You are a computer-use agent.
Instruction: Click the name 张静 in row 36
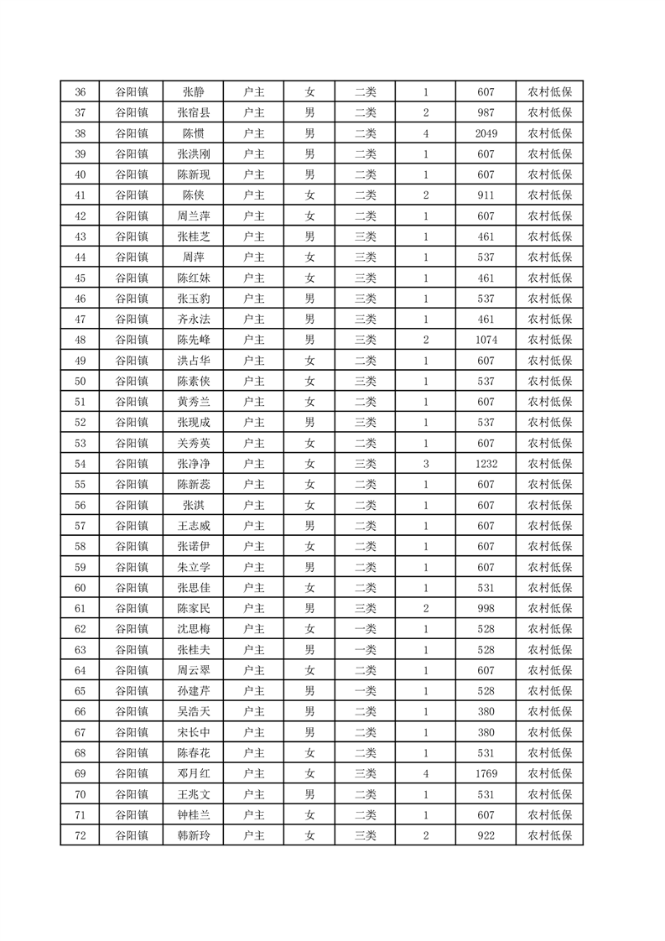(x=194, y=92)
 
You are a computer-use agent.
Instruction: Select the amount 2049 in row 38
(x=486, y=133)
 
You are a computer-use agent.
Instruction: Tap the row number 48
(x=81, y=340)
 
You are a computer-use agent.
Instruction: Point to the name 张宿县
(x=194, y=113)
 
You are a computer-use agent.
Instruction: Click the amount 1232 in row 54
(x=486, y=464)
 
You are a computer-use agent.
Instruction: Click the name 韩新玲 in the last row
(x=194, y=835)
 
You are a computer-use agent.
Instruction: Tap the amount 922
(x=486, y=835)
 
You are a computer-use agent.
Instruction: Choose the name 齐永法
(x=194, y=320)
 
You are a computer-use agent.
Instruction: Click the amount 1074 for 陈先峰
(x=486, y=340)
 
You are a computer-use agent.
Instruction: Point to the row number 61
(x=81, y=608)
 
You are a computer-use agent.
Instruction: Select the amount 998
(x=486, y=608)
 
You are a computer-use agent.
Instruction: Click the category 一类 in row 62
(x=365, y=629)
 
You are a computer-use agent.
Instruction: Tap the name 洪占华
(x=194, y=361)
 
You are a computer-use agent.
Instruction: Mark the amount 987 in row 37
(x=486, y=113)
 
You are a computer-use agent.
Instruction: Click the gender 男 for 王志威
(x=309, y=526)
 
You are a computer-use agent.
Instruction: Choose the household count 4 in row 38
(x=426, y=133)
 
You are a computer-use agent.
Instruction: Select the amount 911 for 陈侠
(x=486, y=195)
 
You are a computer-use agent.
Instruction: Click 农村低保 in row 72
(x=549, y=835)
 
